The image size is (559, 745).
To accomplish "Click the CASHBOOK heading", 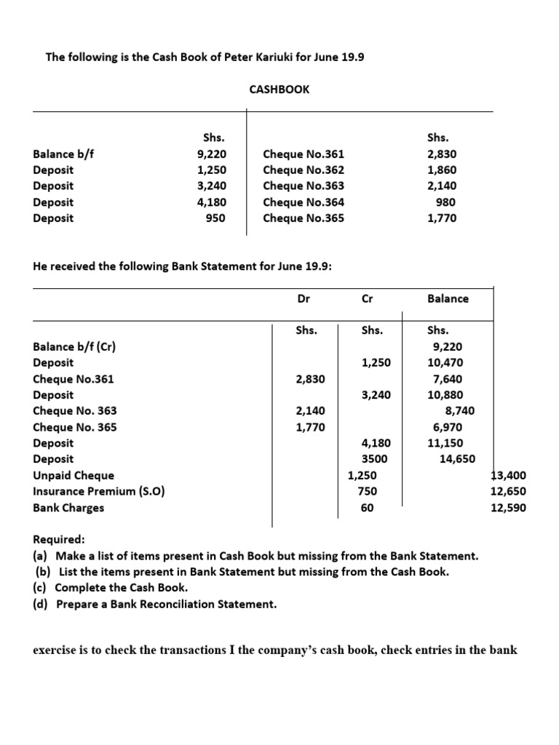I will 279,89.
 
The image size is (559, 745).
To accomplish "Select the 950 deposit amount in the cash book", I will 215,218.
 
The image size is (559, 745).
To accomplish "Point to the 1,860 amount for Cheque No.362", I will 443,170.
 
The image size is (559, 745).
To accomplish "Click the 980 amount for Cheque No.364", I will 446,202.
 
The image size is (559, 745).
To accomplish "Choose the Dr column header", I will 304,298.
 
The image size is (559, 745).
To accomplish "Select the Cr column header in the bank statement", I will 366,298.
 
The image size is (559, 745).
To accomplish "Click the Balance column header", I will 448,298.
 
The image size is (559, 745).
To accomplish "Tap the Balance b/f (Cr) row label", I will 74,346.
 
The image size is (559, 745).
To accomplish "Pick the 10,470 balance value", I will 445,362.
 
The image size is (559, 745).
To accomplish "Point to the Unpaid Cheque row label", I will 74,475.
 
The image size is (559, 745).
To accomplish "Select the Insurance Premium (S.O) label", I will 99,491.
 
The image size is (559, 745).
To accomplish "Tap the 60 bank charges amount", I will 367,507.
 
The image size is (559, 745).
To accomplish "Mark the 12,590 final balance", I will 509,507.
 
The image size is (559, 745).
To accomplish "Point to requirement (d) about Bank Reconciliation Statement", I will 155,604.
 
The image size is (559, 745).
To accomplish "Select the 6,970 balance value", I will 448,426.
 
